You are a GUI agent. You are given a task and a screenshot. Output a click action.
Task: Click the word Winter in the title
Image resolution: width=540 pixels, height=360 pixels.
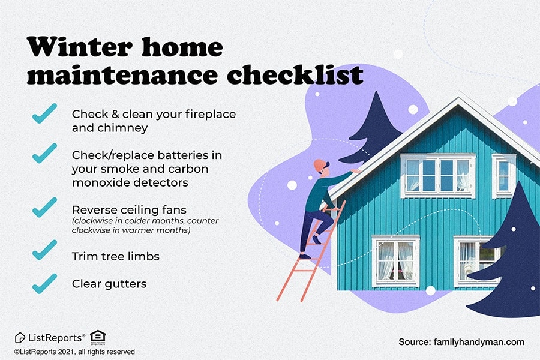(x=80, y=47)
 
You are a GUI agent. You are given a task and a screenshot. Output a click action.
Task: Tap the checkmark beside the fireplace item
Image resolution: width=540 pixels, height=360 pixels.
(x=44, y=113)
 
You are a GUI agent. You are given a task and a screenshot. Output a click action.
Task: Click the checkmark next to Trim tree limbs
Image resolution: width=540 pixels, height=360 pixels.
(x=44, y=250)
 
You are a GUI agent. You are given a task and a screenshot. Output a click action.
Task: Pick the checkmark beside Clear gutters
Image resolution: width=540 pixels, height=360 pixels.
(x=44, y=284)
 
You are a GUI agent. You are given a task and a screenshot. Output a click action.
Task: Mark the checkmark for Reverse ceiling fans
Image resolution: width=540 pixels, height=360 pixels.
(x=44, y=208)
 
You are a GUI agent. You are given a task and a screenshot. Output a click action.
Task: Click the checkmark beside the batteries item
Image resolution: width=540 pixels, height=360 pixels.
(x=44, y=154)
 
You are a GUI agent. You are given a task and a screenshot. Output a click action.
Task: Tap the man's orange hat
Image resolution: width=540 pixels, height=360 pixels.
(x=320, y=165)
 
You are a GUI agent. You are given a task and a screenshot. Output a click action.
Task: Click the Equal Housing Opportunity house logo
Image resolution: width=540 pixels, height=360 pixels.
(x=98, y=337)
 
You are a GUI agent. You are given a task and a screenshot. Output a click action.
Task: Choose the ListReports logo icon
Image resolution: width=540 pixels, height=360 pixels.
(x=20, y=338)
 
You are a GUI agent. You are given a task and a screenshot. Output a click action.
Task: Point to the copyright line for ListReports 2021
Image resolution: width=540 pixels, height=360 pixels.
(x=74, y=352)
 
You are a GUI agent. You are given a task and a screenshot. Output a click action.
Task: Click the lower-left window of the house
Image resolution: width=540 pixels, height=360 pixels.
(x=395, y=261)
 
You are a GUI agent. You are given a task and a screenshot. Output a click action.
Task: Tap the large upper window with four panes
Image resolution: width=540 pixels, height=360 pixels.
(x=438, y=176)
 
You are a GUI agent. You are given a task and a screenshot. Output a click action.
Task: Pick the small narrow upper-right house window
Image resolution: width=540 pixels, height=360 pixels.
(x=504, y=176)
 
